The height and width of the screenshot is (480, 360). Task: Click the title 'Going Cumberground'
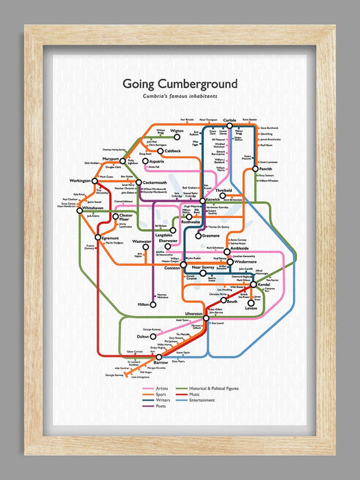tap(180, 84)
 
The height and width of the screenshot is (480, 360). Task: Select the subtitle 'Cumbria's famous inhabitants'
tap(180, 97)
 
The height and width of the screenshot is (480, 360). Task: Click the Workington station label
tap(80, 180)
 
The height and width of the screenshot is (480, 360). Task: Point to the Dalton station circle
tap(153, 337)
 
